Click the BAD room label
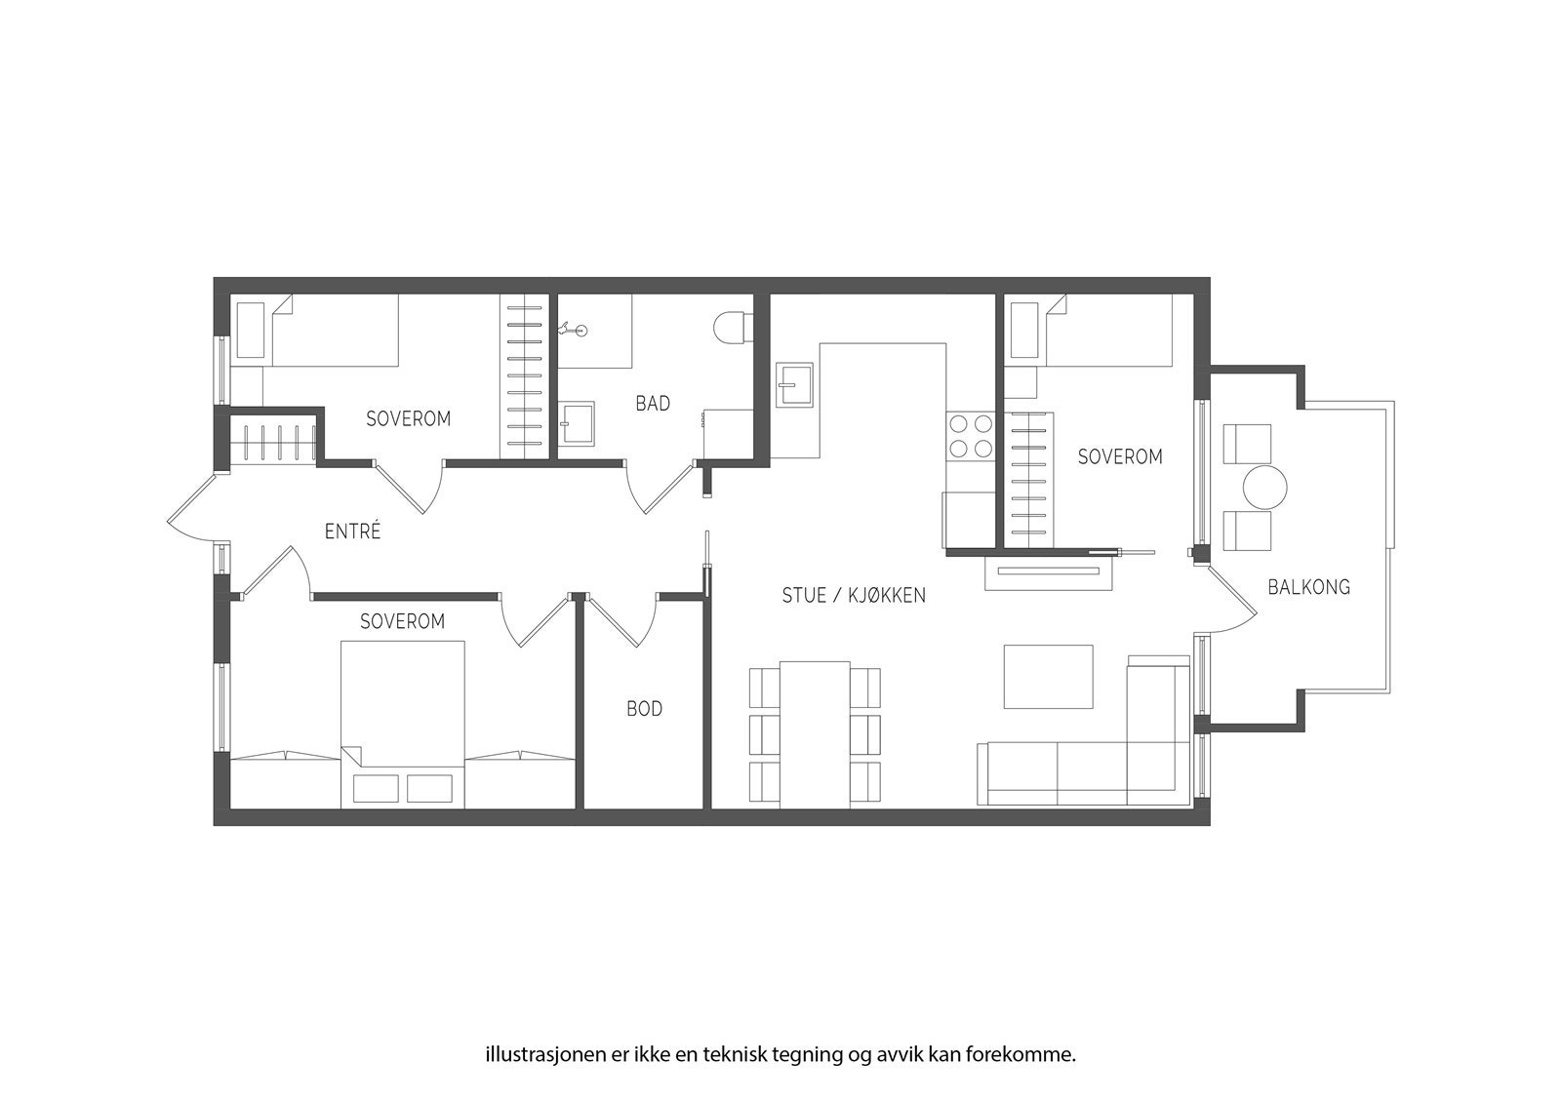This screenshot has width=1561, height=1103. (653, 403)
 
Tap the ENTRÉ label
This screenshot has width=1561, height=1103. (352, 532)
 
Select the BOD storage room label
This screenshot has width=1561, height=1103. (644, 709)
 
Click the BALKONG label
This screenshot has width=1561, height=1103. (1308, 586)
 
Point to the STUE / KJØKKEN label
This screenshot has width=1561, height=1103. (854, 595)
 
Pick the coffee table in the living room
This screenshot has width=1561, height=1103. (1049, 676)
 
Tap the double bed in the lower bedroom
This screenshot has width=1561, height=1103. (402, 722)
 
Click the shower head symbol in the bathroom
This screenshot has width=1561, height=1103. (574, 330)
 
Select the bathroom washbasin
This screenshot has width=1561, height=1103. (578, 423)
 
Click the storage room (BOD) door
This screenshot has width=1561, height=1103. (624, 619)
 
